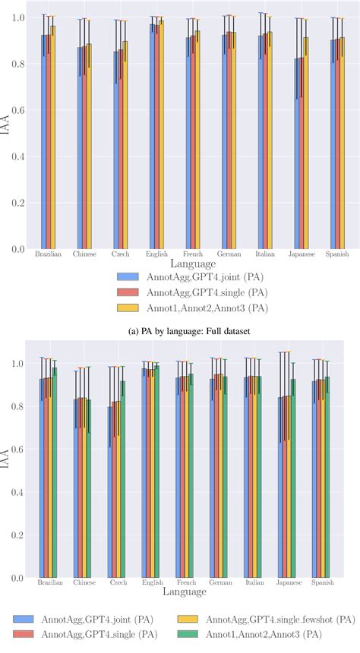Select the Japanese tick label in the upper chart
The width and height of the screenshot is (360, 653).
[302, 255]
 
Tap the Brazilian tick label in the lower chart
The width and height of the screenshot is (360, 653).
[49, 584]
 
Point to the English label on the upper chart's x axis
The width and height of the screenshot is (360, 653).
[156, 255]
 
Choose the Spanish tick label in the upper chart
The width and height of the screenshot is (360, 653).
[337, 255]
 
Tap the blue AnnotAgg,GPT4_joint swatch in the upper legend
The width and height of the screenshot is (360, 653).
[131, 277]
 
